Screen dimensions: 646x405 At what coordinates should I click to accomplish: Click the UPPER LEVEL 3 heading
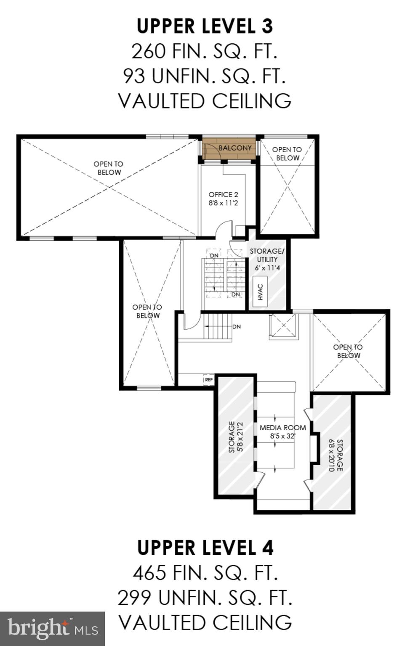[205, 26]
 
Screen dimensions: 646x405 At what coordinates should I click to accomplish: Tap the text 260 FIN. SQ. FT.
[205, 51]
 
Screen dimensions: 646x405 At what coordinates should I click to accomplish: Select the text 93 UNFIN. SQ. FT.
[205, 76]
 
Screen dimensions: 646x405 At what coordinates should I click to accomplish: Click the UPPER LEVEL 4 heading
[205, 548]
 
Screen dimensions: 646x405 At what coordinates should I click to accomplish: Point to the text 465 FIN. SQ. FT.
[205, 572]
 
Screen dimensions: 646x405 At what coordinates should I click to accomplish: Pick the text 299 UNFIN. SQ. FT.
[205, 597]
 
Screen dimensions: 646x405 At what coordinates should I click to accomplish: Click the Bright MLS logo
[52, 629]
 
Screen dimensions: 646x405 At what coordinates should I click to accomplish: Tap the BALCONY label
[235, 148]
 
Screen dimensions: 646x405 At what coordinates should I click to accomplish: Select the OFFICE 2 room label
[223, 195]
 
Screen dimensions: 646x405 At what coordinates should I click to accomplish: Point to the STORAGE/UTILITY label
[267, 255]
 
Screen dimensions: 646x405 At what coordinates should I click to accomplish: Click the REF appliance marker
[209, 380]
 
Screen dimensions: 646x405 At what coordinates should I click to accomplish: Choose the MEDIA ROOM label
[282, 428]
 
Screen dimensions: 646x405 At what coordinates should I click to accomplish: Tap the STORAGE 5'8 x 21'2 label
[235, 437]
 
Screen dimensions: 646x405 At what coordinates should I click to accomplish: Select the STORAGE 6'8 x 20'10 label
[336, 455]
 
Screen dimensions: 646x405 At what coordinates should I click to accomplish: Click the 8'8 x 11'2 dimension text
[223, 203]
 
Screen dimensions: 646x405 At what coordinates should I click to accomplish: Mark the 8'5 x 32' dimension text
[282, 436]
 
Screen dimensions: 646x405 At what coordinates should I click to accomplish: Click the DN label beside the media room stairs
[237, 326]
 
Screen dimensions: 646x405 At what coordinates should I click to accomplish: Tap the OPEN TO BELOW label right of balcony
[287, 154]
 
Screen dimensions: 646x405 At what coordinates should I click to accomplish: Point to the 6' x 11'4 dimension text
[267, 268]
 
